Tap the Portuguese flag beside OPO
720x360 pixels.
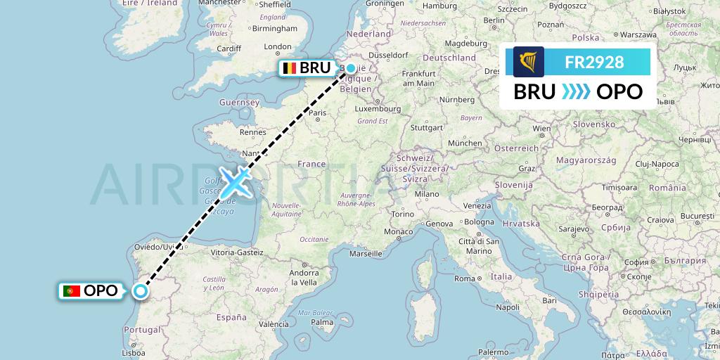click(71, 290)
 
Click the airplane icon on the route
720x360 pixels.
click(236, 182)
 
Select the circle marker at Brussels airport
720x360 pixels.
click(351, 68)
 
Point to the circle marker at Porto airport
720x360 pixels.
click(141, 291)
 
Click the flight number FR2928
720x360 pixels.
click(594, 62)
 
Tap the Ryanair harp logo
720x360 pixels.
click(528, 62)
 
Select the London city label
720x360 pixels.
click(278, 47)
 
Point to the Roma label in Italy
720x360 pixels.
click(465, 278)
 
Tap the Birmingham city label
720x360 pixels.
click(276, 29)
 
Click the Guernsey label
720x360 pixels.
click(239, 102)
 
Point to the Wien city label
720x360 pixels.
click(541, 129)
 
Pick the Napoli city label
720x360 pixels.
click(507, 307)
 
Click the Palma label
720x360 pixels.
click(323, 323)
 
